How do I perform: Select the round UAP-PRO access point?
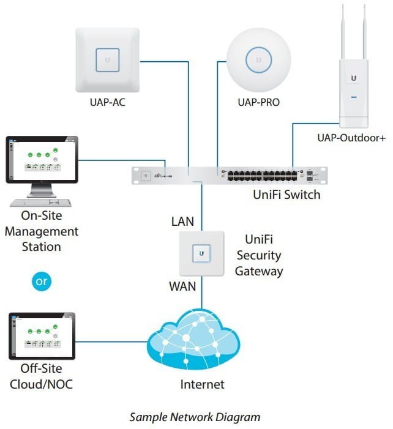(258, 60)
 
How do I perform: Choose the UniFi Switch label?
(286, 195)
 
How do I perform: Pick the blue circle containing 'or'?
(42, 282)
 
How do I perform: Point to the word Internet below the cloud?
(203, 384)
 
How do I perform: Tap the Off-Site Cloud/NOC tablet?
(42, 336)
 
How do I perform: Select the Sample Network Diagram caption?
(195, 417)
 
